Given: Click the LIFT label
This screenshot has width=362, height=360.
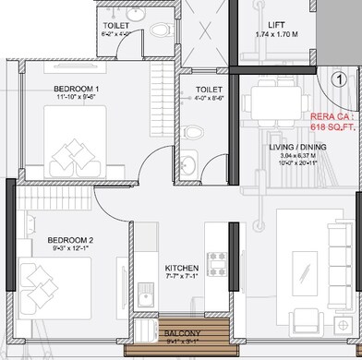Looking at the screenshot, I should point(275,26).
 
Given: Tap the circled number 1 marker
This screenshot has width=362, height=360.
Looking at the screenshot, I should point(340,79).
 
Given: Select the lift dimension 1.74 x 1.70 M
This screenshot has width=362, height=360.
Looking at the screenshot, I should point(276,35).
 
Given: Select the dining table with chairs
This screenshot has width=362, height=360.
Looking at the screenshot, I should point(278,96).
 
